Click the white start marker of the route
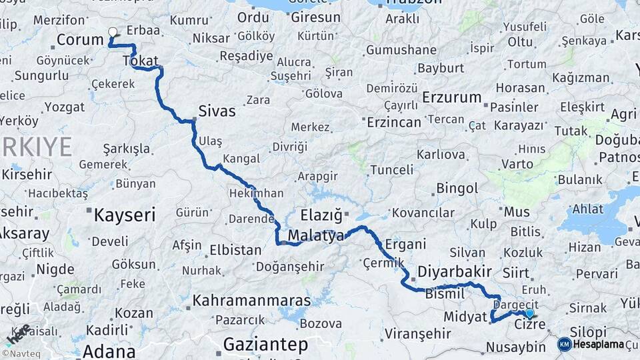coord(113,31)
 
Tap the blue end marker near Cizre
coord(529,313)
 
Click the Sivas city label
coord(217,111)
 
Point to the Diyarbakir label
coord(455,271)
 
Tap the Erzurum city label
coord(451,97)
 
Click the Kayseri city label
coord(125,215)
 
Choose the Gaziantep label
coord(265,345)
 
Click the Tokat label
coord(141,61)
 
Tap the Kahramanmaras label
coord(252,301)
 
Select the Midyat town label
coord(465,317)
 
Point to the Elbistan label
coord(235,251)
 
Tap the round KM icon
coord(564,344)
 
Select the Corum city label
coord(80,39)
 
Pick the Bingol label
coord(457,189)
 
